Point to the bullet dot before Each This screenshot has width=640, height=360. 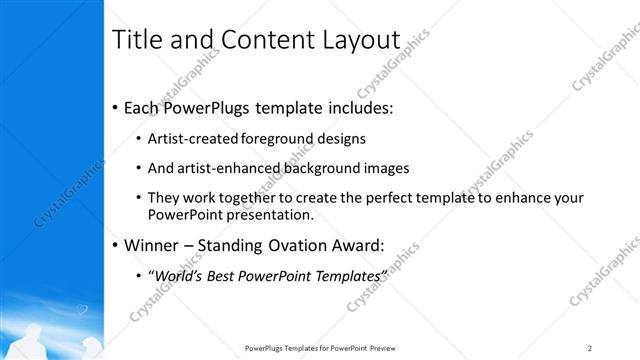pyautogui.click(x=116, y=107)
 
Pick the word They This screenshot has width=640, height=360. pyautogui.click(x=164, y=199)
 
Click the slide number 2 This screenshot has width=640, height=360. pyautogui.click(x=590, y=347)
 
